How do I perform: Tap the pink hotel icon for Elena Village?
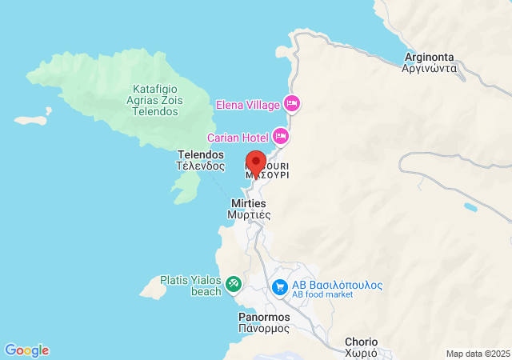tap(292, 104)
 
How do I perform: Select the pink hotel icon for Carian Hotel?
tap(281, 135)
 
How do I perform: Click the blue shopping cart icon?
tap(280, 286)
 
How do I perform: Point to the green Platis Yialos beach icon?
tap(233, 282)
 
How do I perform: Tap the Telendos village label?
tap(200, 161)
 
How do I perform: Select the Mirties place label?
tap(249, 210)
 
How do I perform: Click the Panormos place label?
tap(264, 322)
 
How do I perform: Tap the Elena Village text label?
tap(247, 105)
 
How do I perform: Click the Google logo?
tap(26, 350)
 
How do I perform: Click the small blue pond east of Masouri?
tap(470, 208)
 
